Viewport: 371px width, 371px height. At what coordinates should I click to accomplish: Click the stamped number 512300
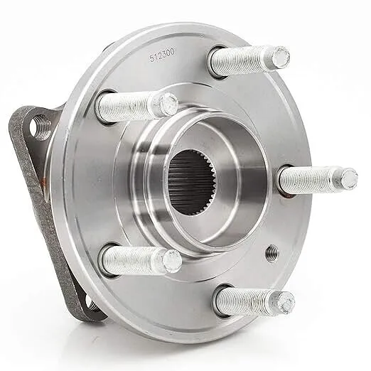162,55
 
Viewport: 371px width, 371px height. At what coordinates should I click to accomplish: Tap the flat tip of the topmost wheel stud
281,56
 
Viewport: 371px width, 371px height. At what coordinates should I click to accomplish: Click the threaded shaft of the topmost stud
244,61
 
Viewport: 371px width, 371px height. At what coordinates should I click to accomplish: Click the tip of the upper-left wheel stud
169,103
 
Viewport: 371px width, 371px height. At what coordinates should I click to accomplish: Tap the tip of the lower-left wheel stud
173,261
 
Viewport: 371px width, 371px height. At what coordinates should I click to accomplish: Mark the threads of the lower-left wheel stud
134,259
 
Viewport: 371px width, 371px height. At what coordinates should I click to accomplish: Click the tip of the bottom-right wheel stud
286,303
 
